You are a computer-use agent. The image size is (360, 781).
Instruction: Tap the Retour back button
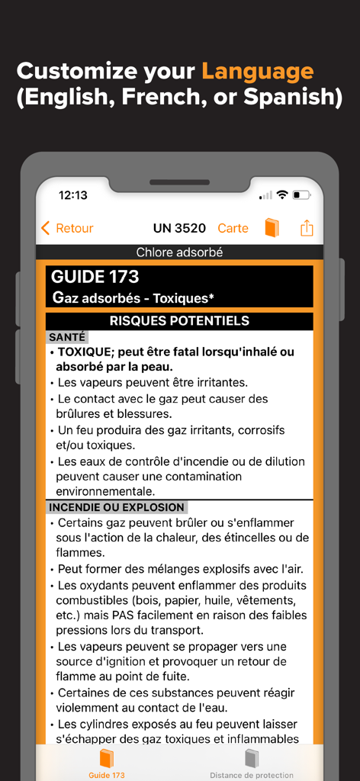[67, 228]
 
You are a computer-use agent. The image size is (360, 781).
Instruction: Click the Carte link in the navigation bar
[233, 228]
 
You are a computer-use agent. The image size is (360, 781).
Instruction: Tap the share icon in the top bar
[307, 228]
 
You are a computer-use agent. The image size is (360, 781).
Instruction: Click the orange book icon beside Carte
[272, 228]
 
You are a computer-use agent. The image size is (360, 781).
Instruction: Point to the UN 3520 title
[179, 228]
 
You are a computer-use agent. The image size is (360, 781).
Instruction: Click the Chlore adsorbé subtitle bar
[179, 252]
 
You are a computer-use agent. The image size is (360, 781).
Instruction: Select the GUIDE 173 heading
[95, 278]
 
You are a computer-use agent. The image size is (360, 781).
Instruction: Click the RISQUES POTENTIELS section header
[179, 321]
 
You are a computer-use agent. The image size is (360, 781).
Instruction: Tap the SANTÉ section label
[67, 336]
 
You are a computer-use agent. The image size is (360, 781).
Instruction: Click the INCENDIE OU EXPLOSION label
[117, 507]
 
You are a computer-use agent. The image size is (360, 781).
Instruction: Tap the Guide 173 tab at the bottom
[107, 763]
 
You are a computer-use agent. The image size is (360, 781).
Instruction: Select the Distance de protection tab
[252, 763]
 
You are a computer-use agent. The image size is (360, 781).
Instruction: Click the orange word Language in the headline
[257, 72]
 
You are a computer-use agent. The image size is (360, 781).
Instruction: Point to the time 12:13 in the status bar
[73, 195]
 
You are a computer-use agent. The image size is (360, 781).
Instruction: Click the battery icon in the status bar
[303, 195]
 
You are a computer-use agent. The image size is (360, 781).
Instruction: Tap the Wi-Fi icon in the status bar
[282, 195]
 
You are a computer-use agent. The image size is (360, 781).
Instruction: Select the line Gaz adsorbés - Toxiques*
[133, 297]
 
